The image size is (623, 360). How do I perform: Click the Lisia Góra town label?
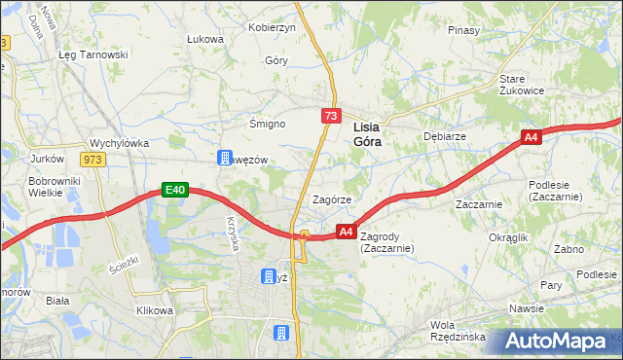coord(366,133)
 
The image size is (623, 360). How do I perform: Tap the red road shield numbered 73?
coord(332,117)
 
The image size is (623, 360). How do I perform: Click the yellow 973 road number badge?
coord(92,160)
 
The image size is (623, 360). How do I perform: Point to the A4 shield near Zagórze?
coord(346,232)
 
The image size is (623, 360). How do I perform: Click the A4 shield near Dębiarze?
coord(531,139)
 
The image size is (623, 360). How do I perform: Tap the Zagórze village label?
coord(331,198)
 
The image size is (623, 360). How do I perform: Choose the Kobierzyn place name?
coord(272,27)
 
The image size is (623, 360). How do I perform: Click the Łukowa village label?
coord(205,39)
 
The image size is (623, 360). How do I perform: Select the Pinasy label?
coord(464,30)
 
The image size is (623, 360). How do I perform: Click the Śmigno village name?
coord(267,124)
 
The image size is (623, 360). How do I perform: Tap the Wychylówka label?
coord(119,143)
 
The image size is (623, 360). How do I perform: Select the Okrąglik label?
coord(508,237)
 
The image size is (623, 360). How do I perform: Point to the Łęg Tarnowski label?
coord(93,54)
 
